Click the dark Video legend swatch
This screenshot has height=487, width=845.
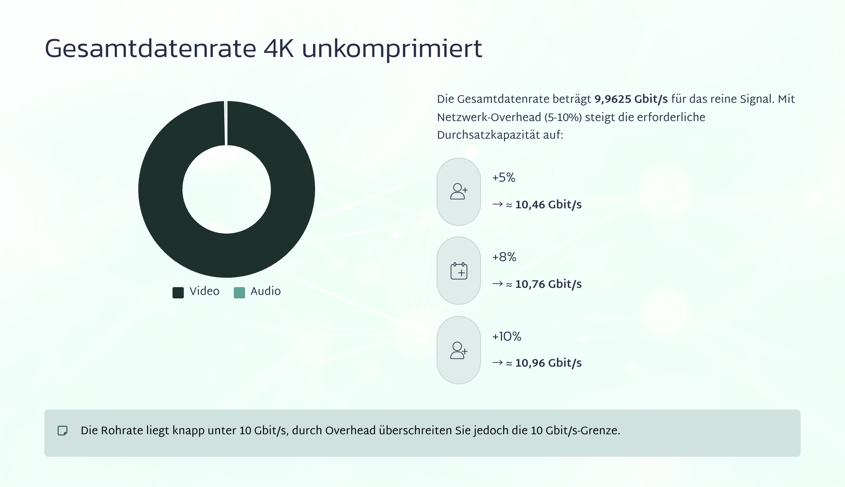(178, 292)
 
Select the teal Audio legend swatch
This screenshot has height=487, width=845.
(239, 292)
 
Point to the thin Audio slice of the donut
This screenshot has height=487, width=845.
(226, 123)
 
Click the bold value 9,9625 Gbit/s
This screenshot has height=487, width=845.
(631, 99)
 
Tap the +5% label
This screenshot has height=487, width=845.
(503, 178)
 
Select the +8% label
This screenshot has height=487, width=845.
(504, 257)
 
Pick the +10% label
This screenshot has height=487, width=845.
(507, 337)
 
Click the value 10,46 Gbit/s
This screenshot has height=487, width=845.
(548, 205)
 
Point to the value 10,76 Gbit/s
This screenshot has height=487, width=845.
(548, 284)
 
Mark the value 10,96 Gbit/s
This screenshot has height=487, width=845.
(548, 363)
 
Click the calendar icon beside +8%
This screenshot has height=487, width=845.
(459, 271)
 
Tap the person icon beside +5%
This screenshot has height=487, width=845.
(459, 192)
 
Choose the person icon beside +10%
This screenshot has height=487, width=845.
(459, 350)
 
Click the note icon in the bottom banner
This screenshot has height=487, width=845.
(63, 431)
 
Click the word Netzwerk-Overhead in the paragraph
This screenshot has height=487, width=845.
(489, 118)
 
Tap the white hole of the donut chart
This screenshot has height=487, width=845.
(226, 189)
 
